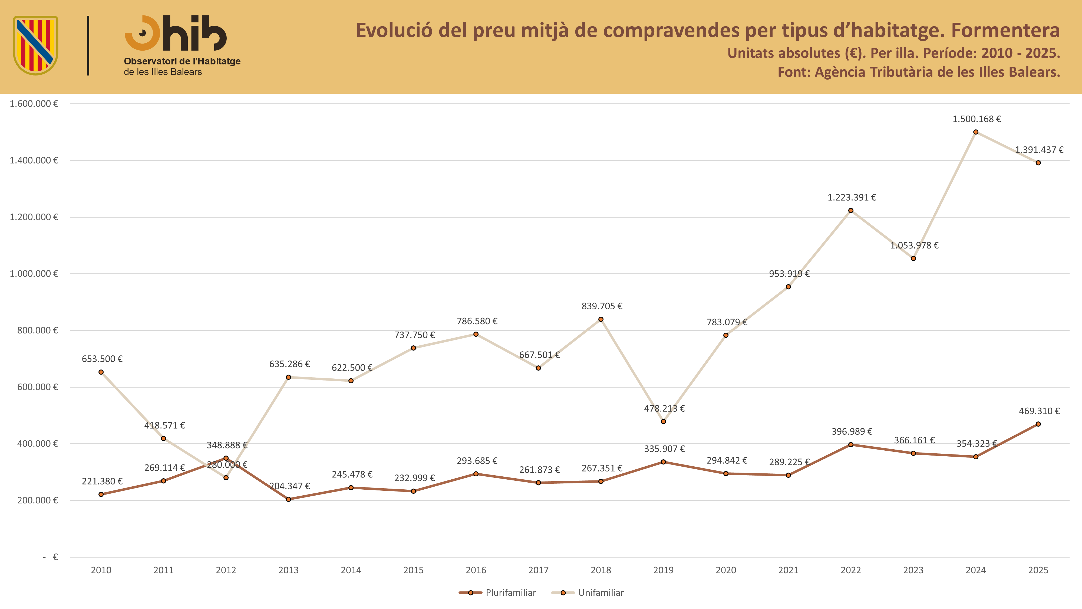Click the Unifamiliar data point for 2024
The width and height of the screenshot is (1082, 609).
click(x=976, y=132)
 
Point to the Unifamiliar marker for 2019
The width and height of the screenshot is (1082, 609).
click(x=663, y=421)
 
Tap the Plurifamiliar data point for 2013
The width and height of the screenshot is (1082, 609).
click(x=289, y=499)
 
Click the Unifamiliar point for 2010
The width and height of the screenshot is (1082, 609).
click(x=101, y=372)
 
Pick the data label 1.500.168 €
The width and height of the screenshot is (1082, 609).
click(x=977, y=119)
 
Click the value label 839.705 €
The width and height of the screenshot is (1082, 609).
click(x=602, y=306)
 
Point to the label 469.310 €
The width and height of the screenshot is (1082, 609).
click(x=1039, y=411)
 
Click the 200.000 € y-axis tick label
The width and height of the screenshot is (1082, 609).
click(x=37, y=500)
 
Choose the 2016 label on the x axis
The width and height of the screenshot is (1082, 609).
click(x=476, y=570)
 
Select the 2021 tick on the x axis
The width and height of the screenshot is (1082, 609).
click(x=789, y=570)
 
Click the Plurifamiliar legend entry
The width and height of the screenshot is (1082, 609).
click(x=497, y=592)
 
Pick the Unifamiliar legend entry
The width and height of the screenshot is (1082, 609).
click(x=588, y=592)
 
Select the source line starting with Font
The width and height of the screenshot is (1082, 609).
click(x=919, y=72)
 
